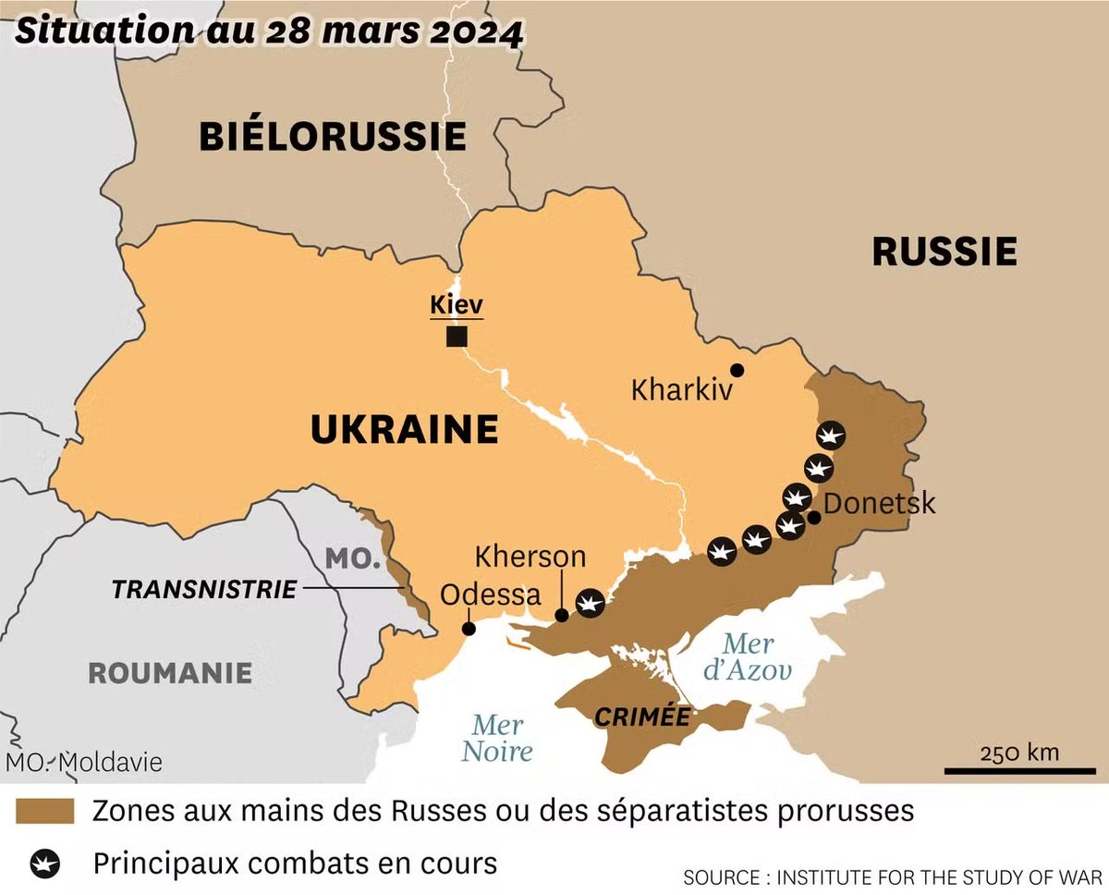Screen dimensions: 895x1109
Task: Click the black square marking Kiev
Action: click(456, 337)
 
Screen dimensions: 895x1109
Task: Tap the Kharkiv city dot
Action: click(737, 370)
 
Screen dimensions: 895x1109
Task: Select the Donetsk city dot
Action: click(813, 517)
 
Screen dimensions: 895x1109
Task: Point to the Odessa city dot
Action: click(469, 629)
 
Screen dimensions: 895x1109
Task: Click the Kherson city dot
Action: click(561, 615)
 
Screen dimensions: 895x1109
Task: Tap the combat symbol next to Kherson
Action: click(589, 603)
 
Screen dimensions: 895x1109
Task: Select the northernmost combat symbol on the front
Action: click(830, 435)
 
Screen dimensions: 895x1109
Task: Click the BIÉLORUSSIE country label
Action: click(332, 137)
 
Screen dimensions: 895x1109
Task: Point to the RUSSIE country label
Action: click(944, 251)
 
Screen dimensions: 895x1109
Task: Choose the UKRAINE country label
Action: click(404, 430)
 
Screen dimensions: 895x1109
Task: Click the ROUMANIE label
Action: click(170, 672)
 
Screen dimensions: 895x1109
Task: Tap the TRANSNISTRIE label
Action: click(204, 589)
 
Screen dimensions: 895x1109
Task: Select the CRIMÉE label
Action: click(642, 717)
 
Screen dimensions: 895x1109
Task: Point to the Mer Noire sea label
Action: click(497, 738)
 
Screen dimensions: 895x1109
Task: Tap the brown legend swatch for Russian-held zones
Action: click(45, 811)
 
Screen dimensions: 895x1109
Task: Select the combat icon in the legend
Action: click(45, 864)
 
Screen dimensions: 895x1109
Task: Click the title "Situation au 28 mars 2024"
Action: click(269, 31)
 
